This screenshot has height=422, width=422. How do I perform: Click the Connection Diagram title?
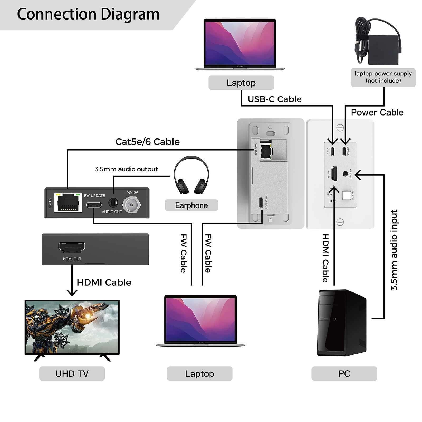click(88, 14)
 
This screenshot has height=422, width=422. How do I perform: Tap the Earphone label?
click(191, 205)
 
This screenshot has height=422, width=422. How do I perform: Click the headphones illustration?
click(191, 175)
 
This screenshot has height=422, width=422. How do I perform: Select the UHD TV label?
click(72, 373)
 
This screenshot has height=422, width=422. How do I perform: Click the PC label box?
click(344, 373)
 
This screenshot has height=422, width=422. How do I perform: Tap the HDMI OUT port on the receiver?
click(72, 247)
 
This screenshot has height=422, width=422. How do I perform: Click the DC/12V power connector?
click(131, 205)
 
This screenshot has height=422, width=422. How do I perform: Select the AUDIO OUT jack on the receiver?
click(113, 203)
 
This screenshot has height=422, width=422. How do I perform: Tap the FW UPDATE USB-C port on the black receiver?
click(94, 205)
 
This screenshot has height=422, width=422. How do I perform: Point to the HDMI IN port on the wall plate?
click(334, 174)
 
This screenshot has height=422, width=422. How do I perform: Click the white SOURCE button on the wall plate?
click(346, 195)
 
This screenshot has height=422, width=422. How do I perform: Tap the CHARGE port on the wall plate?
click(344, 151)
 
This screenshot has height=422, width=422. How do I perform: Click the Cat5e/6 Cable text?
click(147, 142)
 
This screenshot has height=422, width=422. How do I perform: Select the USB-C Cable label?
click(275, 99)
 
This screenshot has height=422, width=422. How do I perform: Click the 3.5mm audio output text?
click(126, 169)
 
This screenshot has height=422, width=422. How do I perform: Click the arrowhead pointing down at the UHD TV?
click(72, 292)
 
